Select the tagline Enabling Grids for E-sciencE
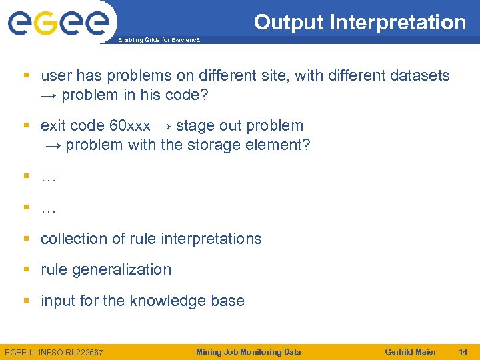pyautogui.click(x=159, y=41)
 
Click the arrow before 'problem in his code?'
pyautogui.click(x=49, y=95)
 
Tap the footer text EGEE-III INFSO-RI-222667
pyautogui.click(x=54, y=352)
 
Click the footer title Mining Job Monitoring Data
pyautogui.click(x=248, y=352)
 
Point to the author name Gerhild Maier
pyautogui.click(x=411, y=352)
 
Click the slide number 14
pyautogui.click(x=463, y=352)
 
